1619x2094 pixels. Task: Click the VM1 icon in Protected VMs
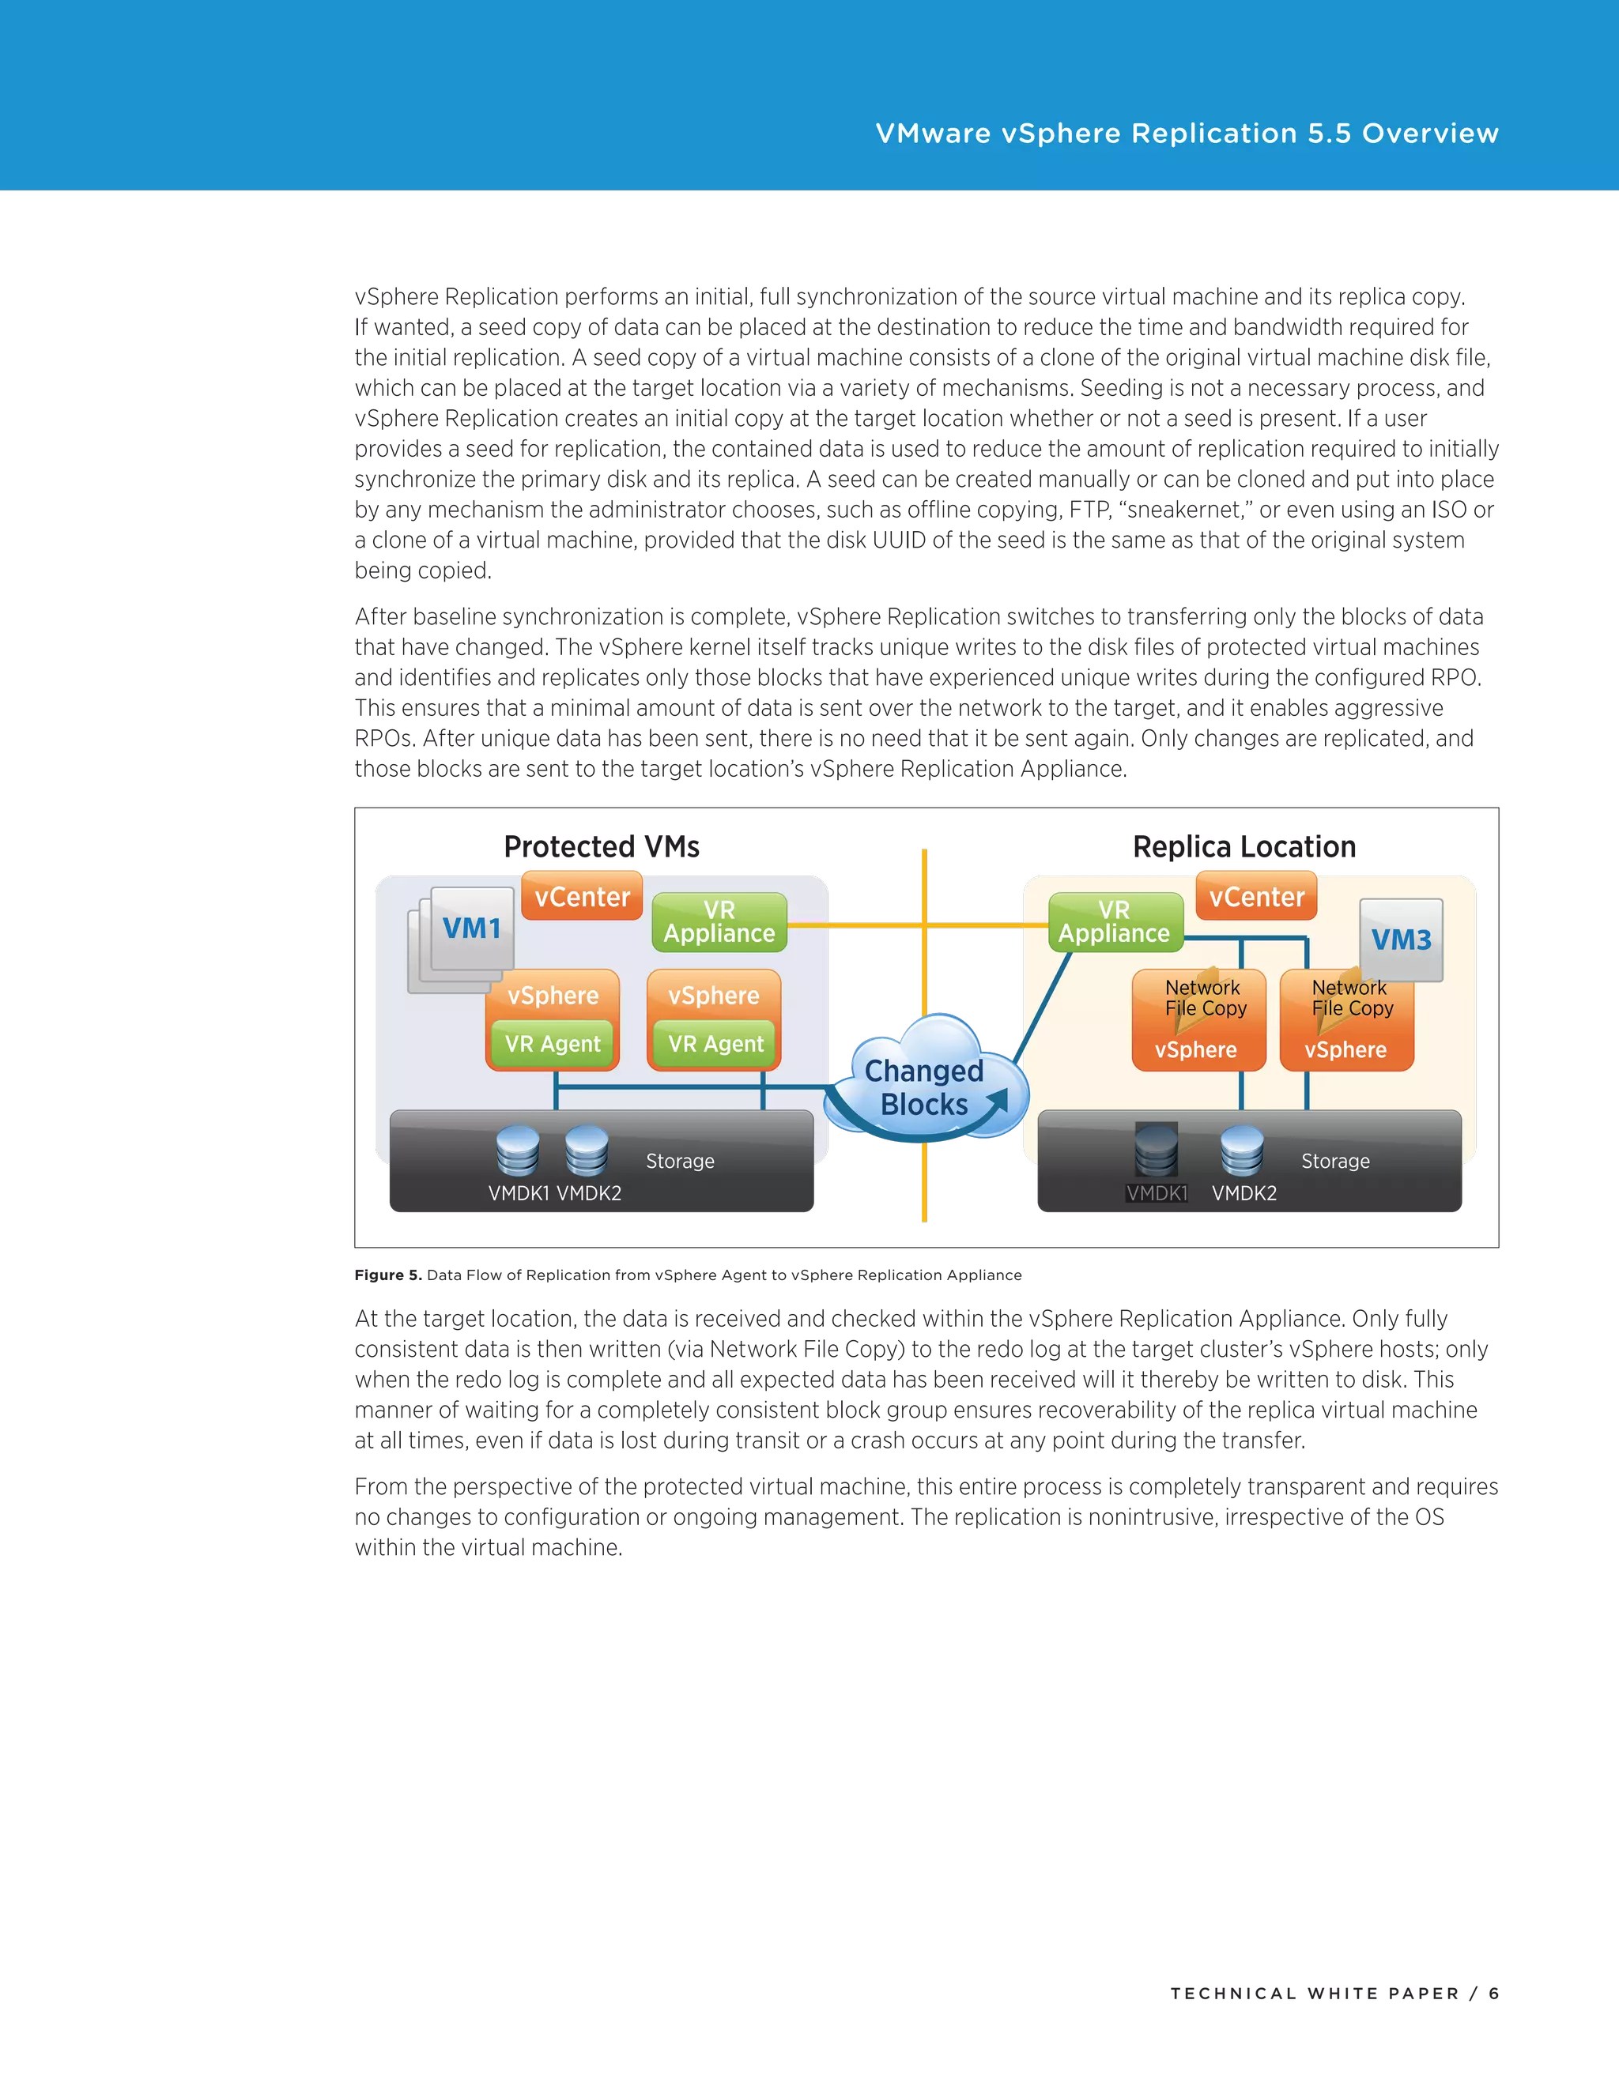471,928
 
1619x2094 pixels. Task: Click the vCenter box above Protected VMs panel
582,897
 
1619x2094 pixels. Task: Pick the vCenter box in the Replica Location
1256,897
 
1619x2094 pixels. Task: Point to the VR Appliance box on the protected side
719,922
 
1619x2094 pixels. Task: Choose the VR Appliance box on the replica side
1115,922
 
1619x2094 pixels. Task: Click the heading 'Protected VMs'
602,846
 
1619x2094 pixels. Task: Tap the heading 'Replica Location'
1244,846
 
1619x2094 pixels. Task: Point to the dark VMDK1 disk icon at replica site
1156,1150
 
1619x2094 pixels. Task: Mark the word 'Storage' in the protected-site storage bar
680,1161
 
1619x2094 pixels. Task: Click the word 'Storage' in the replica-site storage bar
1335,1161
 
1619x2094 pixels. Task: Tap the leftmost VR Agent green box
553,1044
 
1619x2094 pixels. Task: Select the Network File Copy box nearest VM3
1350,998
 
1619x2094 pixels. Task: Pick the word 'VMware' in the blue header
934,134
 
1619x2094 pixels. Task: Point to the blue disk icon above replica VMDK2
1241,1151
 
